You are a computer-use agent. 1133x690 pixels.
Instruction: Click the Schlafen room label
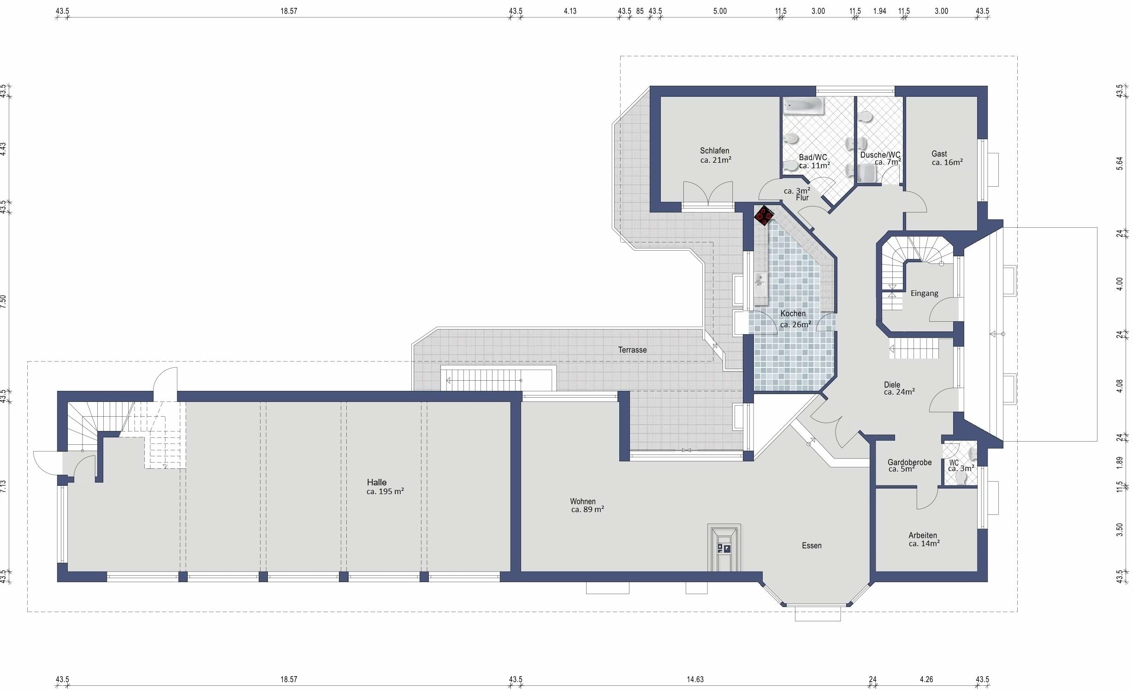714,151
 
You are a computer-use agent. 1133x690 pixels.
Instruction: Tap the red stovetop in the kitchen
764,215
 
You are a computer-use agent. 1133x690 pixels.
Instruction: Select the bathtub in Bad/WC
803,106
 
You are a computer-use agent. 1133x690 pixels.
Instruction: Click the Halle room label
377,482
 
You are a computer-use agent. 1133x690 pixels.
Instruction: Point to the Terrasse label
632,350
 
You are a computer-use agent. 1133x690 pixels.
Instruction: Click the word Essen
812,545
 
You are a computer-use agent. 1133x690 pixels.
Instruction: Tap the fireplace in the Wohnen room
724,548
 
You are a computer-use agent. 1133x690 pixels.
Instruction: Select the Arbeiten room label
923,535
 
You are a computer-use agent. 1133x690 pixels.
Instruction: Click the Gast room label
939,153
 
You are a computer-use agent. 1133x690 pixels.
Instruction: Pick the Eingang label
924,293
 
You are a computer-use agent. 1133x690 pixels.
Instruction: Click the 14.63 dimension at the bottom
695,679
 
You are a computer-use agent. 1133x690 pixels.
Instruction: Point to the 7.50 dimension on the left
4,302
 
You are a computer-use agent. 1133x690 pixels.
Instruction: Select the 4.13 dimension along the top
570,11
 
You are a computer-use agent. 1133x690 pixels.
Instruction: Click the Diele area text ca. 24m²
899,392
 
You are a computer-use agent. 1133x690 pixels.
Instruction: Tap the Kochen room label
793,313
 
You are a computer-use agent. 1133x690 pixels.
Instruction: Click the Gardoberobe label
909,462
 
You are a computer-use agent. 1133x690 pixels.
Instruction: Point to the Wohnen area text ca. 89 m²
587,509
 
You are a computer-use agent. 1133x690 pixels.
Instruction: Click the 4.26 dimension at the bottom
926,679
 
